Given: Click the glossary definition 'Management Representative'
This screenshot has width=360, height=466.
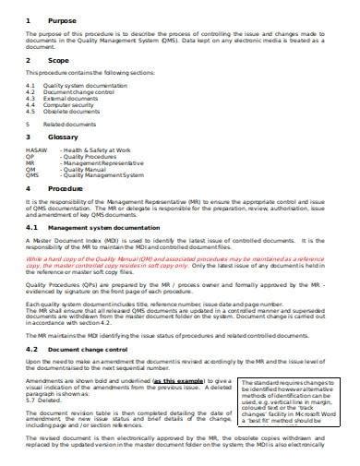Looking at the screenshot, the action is click(102, 163).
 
